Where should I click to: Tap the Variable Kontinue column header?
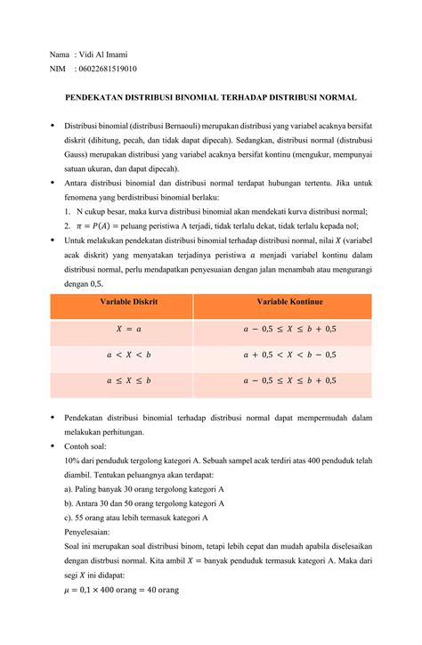coord(289,304)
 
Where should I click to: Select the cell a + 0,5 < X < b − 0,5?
coord(289,355)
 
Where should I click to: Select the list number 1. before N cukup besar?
coord(69,211)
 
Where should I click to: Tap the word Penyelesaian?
coord(90,532)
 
